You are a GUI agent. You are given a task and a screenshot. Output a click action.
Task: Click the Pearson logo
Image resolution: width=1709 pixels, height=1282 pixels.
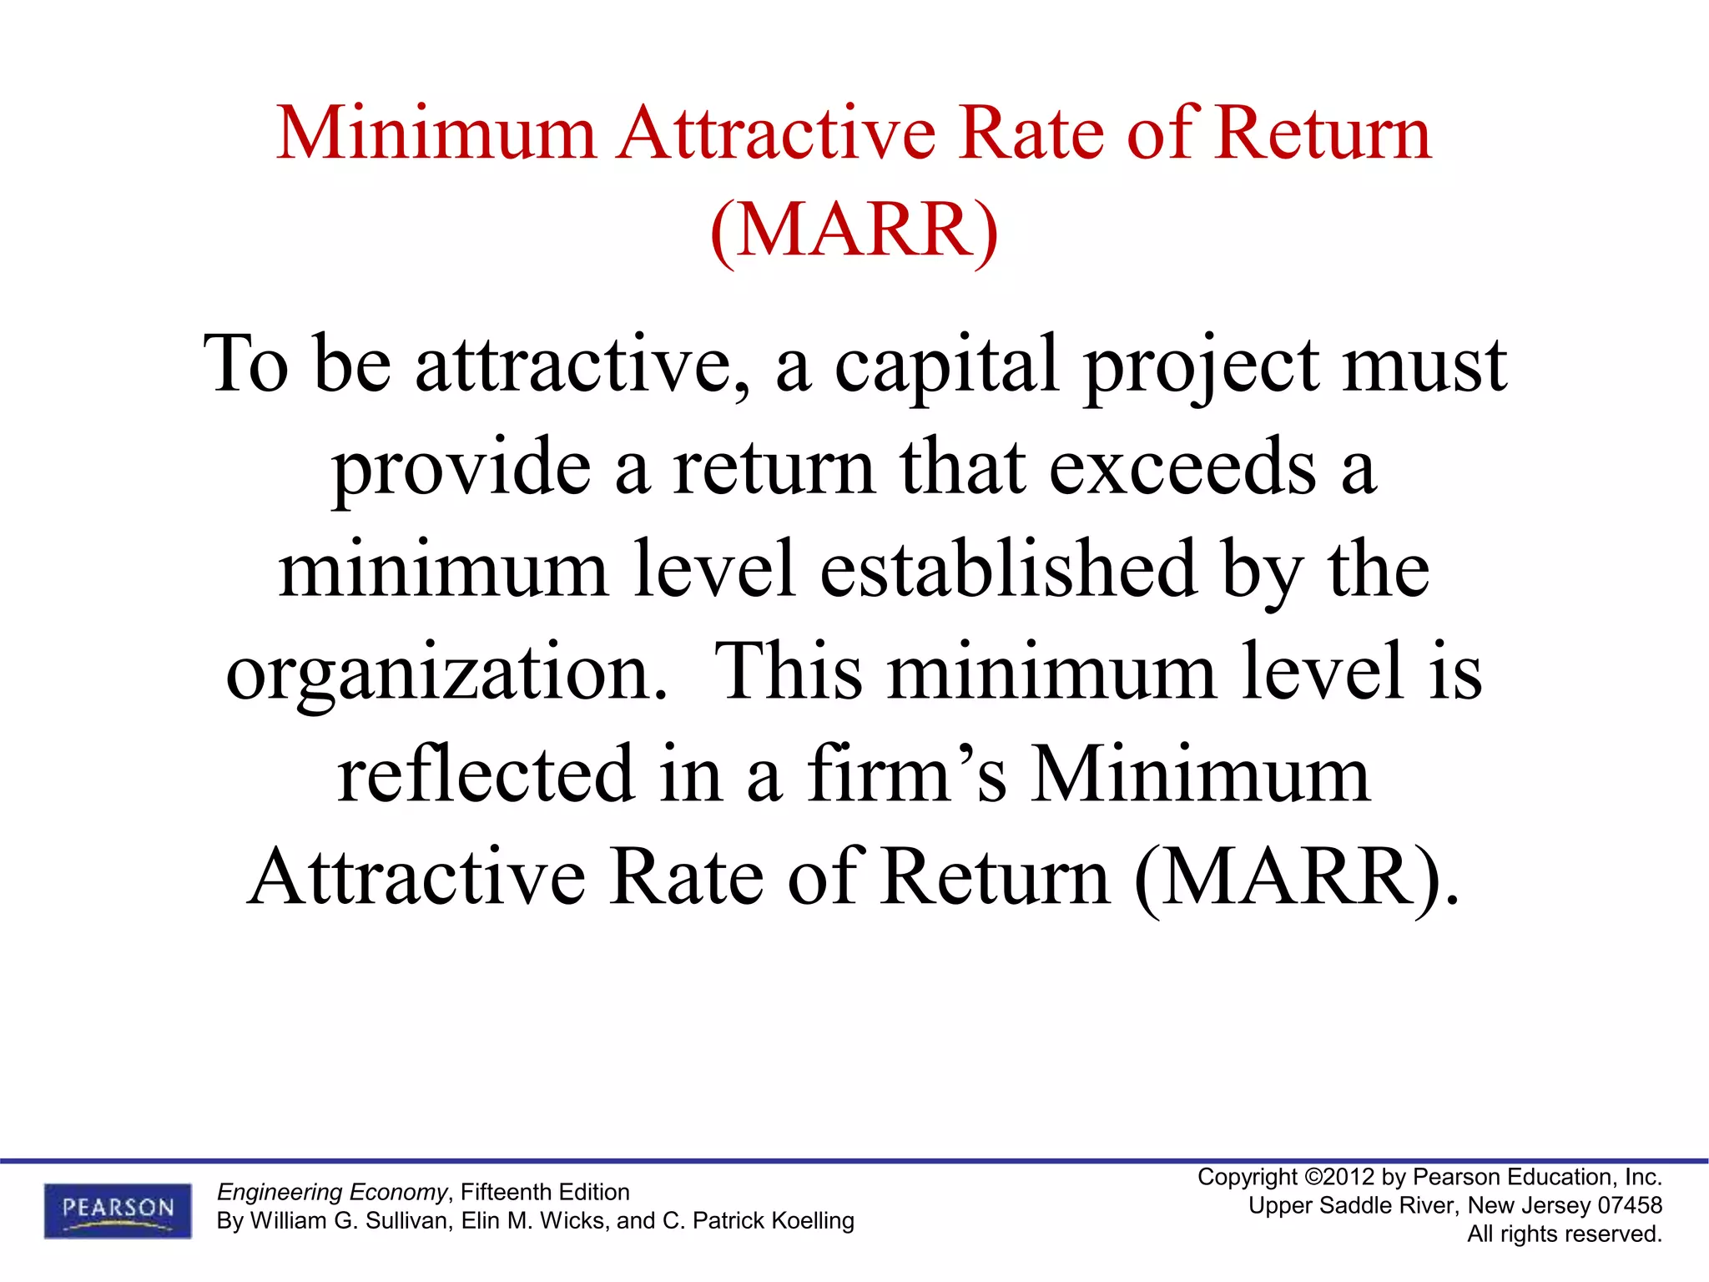pos(118,1209)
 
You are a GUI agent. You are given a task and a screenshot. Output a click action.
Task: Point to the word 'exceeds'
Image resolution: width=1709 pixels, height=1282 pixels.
pos(1182,467)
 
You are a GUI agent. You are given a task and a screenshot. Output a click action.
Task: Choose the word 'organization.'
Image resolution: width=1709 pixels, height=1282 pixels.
pos(447,673)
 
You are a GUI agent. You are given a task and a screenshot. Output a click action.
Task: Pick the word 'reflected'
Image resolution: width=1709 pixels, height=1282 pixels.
pos(486,775)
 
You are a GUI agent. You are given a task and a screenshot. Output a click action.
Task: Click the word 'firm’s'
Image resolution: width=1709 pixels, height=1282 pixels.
pos(906,775)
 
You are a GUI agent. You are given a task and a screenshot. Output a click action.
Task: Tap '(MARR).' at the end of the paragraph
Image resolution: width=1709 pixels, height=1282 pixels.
pos(1297,878)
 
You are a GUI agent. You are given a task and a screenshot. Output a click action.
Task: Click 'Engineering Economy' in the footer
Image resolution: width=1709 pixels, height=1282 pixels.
pos(332,1192)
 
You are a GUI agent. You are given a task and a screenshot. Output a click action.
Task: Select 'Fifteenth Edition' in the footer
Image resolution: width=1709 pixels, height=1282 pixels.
pos(545,1192)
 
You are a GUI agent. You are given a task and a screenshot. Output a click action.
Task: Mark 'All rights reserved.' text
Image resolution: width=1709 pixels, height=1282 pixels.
pos(1565,1234)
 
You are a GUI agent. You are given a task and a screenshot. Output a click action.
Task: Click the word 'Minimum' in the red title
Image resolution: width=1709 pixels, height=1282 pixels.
pos(436,134)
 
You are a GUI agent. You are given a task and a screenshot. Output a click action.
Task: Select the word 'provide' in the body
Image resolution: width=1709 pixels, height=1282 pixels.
pos(461,467)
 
